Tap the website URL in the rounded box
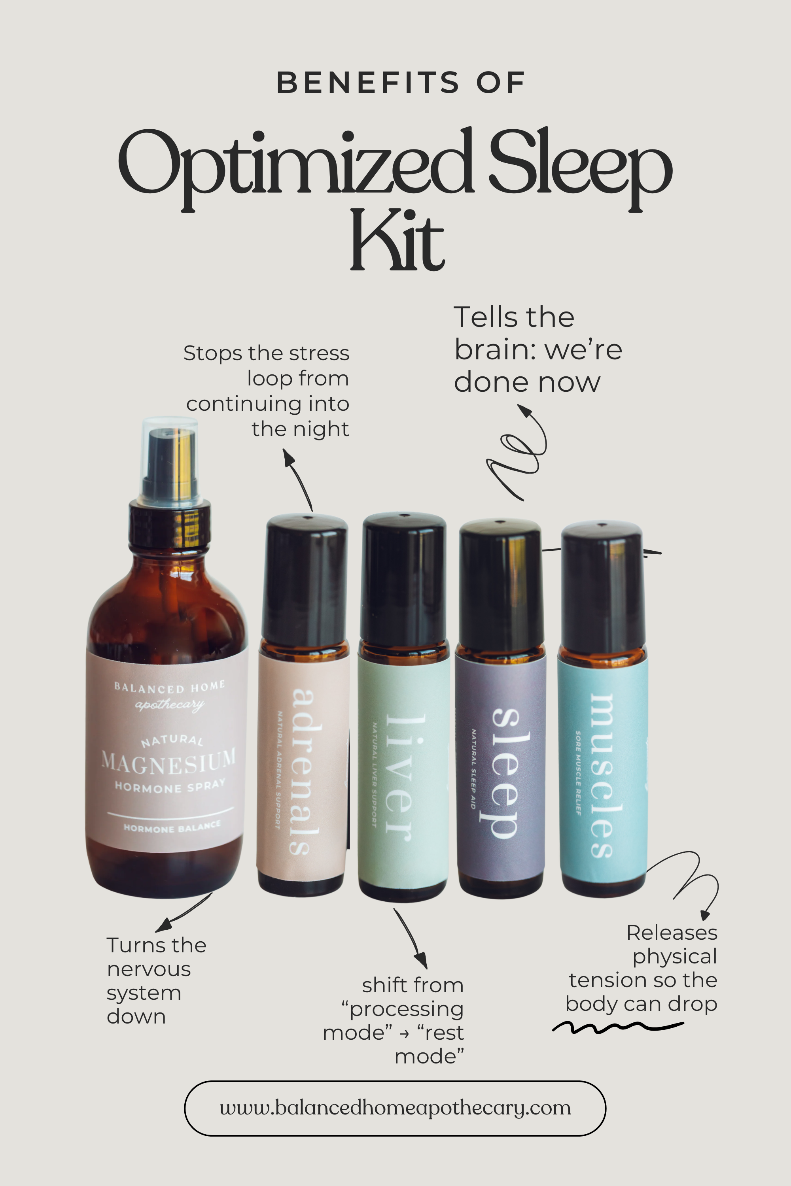pos(395,1108)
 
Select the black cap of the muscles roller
pos(602,587)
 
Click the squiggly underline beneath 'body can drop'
pos(617,1027)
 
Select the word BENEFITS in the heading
pos(368,83)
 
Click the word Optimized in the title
pos(295,164)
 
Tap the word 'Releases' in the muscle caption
pos(672,933)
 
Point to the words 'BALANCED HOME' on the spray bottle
pos(170,687)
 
